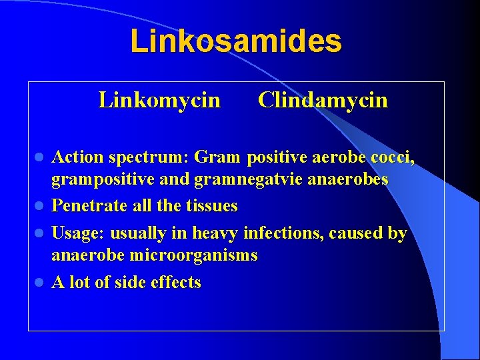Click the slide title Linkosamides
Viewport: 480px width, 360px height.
236,41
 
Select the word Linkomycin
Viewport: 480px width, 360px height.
159,100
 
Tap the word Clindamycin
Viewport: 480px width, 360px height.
323,100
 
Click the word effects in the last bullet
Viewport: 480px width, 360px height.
175,282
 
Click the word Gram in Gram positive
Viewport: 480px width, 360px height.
219,157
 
